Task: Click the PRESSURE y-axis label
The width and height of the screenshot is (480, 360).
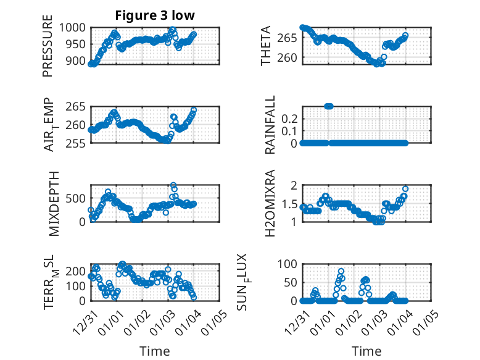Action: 48,51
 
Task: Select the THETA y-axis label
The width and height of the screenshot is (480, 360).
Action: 266,46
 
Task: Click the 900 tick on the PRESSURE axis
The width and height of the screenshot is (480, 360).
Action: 78,61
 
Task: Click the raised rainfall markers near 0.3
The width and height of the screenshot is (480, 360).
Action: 329,106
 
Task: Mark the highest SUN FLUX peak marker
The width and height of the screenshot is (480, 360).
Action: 341,271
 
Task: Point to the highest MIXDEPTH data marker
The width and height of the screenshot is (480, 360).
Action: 173,185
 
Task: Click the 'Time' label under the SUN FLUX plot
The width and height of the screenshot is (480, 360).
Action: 366,351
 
